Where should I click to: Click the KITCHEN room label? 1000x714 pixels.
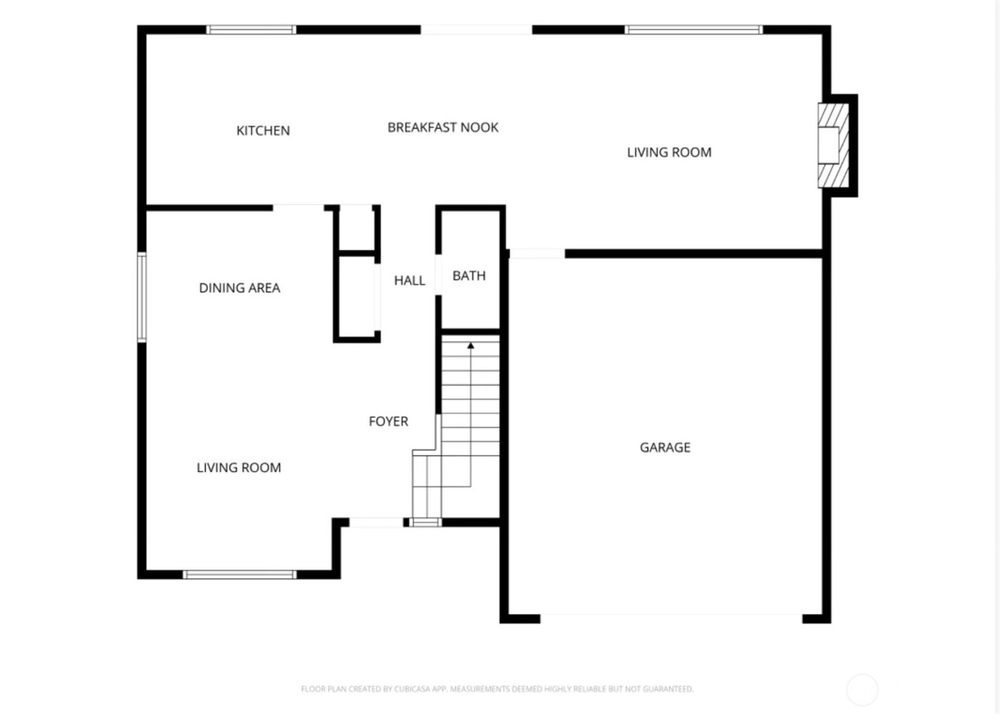click(263, 131)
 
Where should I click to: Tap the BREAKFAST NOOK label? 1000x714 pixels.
click(443, 128)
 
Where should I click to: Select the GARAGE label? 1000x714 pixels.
click(665, 447)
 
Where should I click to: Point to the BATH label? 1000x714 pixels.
click(469, 276)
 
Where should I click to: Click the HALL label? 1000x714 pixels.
click(409, 281)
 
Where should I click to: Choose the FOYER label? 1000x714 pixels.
click(389, 422)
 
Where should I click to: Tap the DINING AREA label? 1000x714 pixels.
click(239, 288)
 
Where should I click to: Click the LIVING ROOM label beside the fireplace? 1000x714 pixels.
click(669, 152)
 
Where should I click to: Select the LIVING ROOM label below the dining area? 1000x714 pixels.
click(239, 468)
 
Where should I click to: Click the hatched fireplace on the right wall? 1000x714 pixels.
click(834, 146)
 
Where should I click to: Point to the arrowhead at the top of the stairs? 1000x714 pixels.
click(471, 346)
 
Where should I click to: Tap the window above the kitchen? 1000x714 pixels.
click(251, 30)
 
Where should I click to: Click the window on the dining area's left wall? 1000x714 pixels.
click(142, 297)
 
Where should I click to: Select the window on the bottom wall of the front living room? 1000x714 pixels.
click(240, 575)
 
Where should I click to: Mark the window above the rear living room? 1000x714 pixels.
click(694, 30)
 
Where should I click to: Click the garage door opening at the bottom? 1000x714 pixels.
click(671, 618)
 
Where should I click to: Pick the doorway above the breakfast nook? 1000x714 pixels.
click(476, 30)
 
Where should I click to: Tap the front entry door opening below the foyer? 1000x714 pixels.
click(376, 523)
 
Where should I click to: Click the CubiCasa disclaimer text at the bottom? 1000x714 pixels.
click(497, 690)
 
